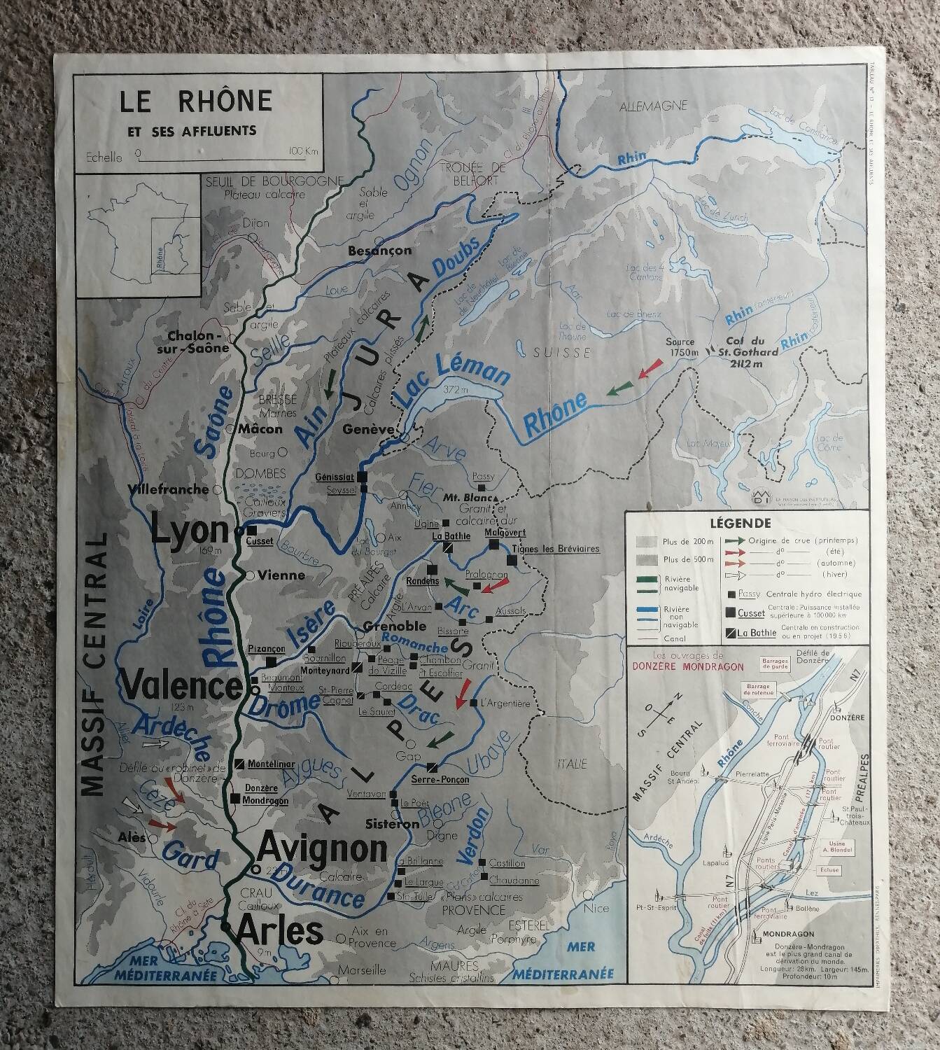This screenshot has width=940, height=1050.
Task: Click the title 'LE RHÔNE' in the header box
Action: coord(195,102)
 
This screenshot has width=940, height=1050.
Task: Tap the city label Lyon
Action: coord(190,532)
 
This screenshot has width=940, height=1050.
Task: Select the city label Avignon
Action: coord(323,850)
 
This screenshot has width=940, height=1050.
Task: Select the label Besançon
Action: coord(380,251)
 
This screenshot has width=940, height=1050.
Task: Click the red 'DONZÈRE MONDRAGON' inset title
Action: coord(687,666)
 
